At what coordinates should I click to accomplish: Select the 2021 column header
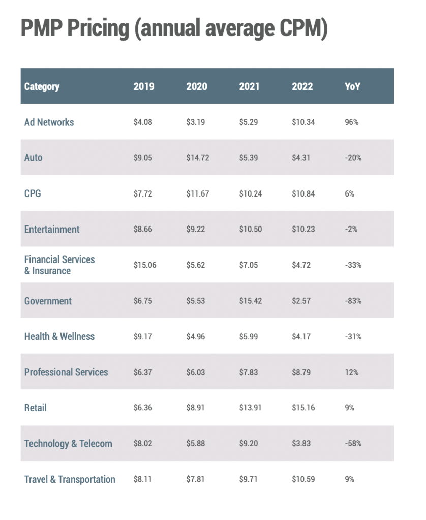pyautogui.click(x=249, y=86)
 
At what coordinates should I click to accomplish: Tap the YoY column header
pyautogui.click(x=352, y=86)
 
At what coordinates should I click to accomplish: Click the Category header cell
pyautogui.click(x=42, y=86)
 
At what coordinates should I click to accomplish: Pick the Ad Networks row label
pyautogui.click(x=49, y=122)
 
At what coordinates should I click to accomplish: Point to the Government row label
pyautogui.click(x=48, y=301)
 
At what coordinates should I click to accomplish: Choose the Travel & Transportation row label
pyautogui.click(x=70, y=479)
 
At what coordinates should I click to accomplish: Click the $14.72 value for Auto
pyautogui.click(x=197, y=158)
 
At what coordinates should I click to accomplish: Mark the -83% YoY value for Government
pyautogui.click(x=353, y=301)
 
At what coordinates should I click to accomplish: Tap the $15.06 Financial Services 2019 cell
pyautogui.click(x=144, y=265)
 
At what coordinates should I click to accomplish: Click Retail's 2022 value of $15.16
pyautogui.click(x=303, y=408)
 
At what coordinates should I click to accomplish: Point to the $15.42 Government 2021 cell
pyautogui.click(x=250, y=301)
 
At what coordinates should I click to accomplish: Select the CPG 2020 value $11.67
pyautogui.click(x=197, y=193)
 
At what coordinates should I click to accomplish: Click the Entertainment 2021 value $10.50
pyautogui.click(x=250, y=229)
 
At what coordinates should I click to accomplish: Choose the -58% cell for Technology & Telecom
pyautogui.click(x=353, y=443)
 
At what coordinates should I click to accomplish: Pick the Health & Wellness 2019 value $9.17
pyautogui.click(x=143, y=336)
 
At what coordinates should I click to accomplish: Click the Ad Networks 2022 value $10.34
pyautogui.click(x=303, y=122)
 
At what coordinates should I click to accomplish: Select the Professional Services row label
pyautogui.click(x=66, y=372)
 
